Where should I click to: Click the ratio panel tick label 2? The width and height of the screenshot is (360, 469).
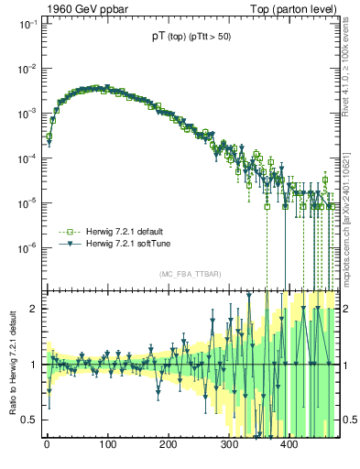(33, 308)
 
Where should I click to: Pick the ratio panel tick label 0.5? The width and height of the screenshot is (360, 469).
(29, 420)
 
